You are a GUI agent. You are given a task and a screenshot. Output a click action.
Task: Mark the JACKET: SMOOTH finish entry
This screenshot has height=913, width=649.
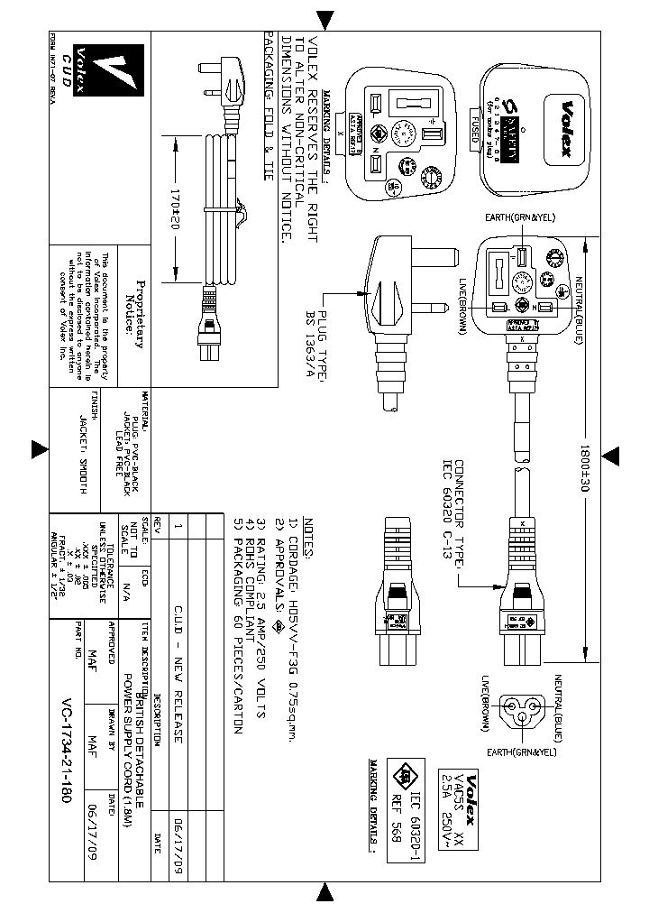82,446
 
